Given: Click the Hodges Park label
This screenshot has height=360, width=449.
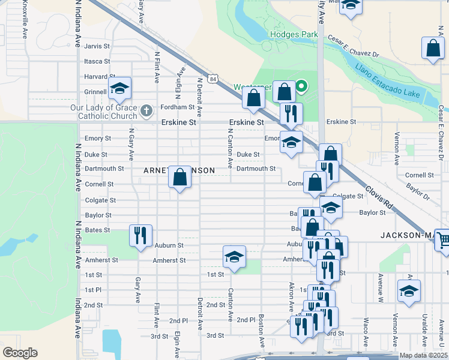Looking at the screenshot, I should (294, 34).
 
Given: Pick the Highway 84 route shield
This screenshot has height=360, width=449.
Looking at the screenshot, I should (213, 79).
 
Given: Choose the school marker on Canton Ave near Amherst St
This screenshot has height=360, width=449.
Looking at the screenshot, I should (234, 257).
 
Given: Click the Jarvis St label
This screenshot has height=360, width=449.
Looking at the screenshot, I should (97, 46).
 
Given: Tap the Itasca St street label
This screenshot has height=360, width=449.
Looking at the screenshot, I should (97, 61).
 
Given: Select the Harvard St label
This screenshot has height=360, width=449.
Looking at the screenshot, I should (95, 77).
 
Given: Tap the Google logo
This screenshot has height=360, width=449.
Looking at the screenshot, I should (20, 353).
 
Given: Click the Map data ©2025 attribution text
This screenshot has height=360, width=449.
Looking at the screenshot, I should (423, 355).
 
